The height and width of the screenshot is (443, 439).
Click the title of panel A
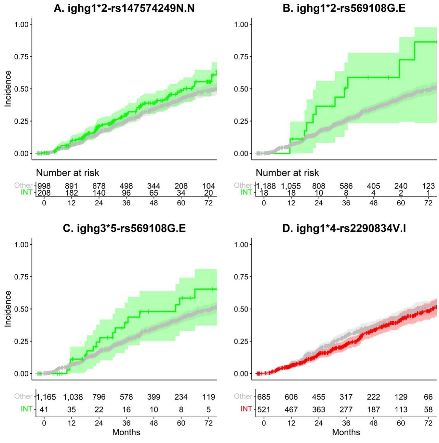pos(124,8)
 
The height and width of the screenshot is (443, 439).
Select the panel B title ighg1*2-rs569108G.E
pos(344,8)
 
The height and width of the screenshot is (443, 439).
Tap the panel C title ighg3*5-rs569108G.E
pos(124,228)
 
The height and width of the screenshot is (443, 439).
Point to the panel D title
pos(344,228)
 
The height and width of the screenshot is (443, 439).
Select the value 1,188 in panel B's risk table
pos(266,186)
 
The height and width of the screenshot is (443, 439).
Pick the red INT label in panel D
pos(246,409)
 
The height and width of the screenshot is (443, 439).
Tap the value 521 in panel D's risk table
pos(264,409)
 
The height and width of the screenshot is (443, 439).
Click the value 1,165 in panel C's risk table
pos(46,397)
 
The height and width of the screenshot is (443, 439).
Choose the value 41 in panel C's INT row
pos(44,409)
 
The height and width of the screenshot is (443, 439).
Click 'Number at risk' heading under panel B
pos(287,173)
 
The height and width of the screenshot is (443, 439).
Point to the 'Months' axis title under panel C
pos(126,432)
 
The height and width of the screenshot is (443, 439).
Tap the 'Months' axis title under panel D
pos(346,432)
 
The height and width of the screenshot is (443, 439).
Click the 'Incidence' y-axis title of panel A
pos(8,89)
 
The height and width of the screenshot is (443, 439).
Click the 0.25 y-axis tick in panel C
pos(21,341)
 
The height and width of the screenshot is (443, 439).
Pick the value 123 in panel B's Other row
pos(428,186)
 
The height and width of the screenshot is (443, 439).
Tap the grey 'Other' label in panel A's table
pos(23,185)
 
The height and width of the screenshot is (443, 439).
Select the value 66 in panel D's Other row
pos(428,397)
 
